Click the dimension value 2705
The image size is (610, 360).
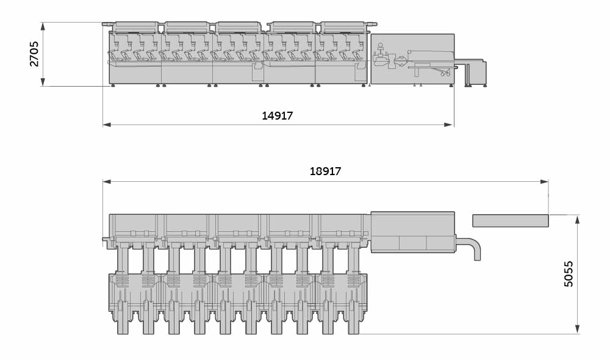click(34, 54)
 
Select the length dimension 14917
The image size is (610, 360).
click(278, 116)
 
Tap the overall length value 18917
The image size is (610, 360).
click(325, 171)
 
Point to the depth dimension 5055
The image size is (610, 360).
click(569, 274)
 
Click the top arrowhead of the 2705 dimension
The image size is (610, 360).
click(42, 26)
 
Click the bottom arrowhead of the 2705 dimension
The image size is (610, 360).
click(42, 82)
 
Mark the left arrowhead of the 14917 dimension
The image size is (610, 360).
click(107, 124)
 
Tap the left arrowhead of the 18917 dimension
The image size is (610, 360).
click(107, 181)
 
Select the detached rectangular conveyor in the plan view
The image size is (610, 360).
click(510, 220)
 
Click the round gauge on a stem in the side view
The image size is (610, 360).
click(381, 46)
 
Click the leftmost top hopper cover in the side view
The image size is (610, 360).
click(135, 26)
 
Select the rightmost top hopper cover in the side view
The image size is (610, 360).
click(343, 26)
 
